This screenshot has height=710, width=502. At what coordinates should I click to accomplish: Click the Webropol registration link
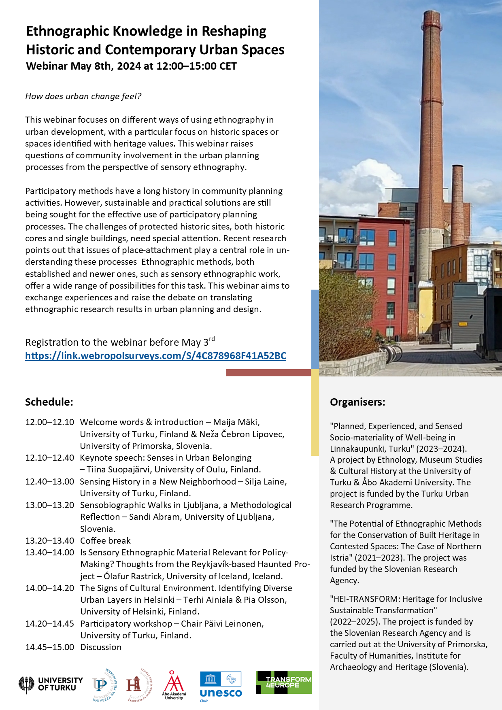[x=155, y=356]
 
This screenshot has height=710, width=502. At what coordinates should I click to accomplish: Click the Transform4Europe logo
[x=284, y=682]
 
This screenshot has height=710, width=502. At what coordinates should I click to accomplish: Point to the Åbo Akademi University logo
[x=174, y=684]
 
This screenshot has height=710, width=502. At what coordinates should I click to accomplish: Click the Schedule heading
[x=49, y=402]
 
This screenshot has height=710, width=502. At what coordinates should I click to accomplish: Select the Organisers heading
[x=357, y=402]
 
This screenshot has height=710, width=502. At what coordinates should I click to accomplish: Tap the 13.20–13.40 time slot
[x=49, y=541]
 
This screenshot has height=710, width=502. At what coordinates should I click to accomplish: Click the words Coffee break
[x=105, y=541]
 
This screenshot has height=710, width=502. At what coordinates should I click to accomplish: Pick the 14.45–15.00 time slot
[x=49, y=647]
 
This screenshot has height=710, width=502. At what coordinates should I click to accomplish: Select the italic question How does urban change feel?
[x=83, y=96]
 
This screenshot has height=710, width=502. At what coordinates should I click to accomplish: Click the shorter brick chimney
[x=457, y=202]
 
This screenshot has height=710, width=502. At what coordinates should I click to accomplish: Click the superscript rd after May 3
[x=212, y=339]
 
